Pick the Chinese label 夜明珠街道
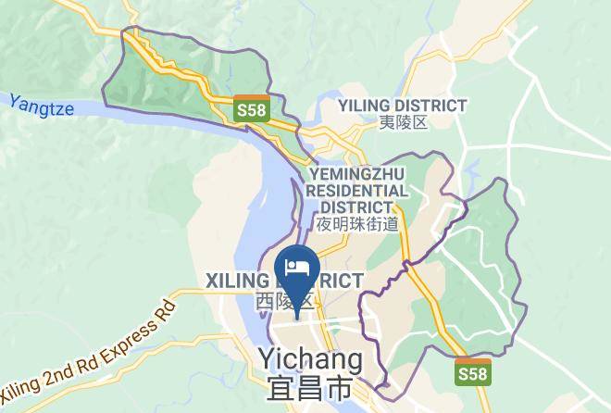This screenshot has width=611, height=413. coord(357,223)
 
